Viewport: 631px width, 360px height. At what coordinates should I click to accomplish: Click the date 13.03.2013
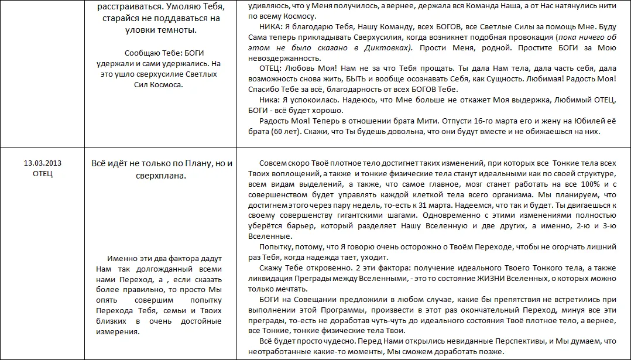42,163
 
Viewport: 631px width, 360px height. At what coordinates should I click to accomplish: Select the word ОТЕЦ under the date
42,174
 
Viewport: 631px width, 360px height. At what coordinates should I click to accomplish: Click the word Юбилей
585,121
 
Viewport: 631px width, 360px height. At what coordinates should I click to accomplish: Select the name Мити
428,121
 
